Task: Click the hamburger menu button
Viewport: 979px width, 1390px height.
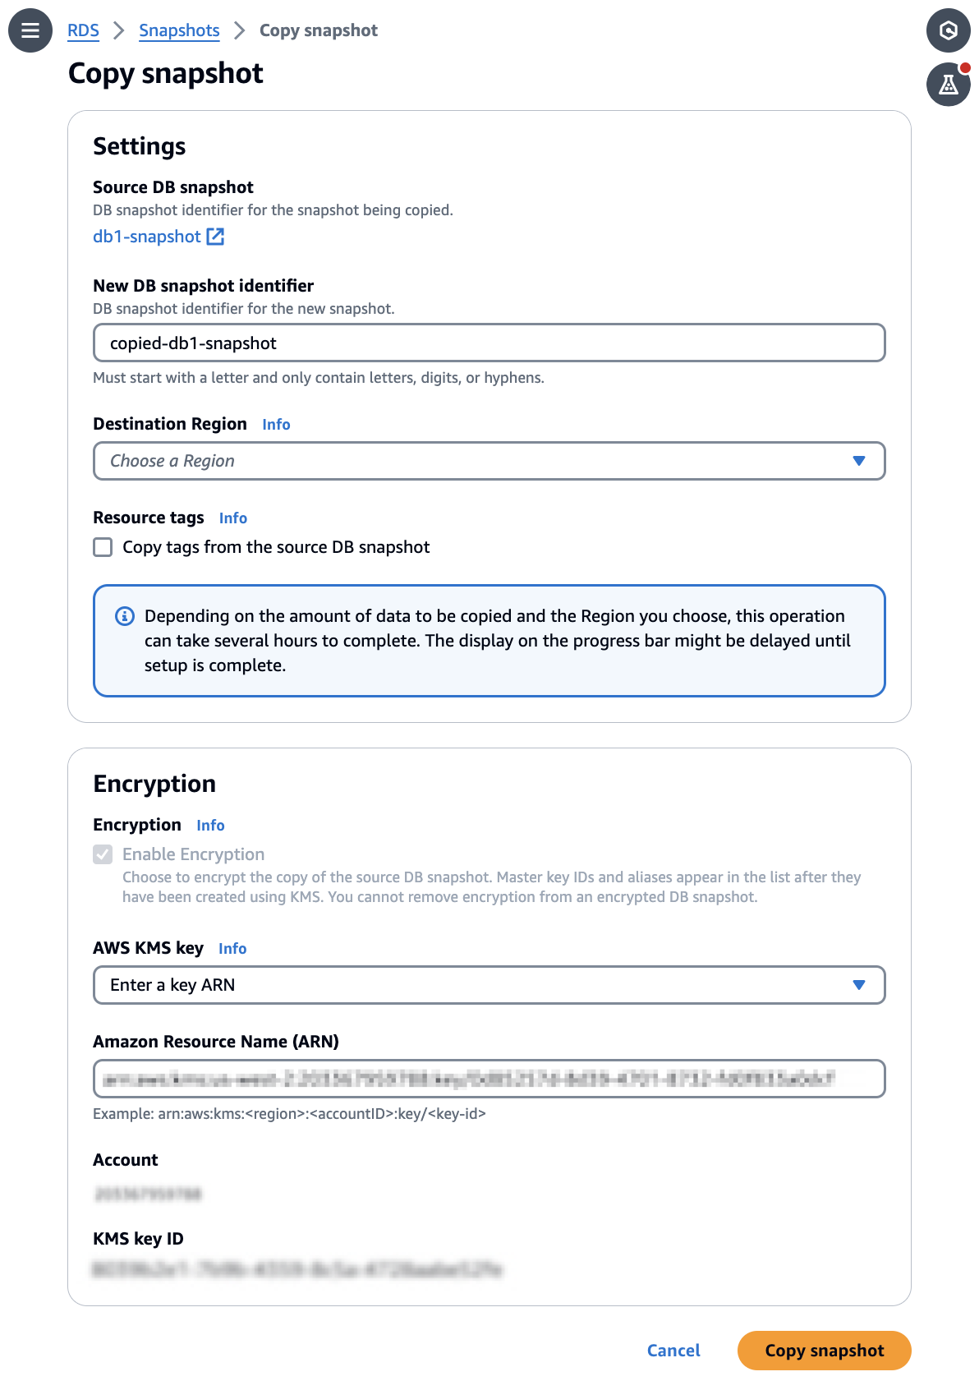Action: coord(30,30)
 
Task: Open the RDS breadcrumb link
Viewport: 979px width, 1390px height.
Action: coord(83,30)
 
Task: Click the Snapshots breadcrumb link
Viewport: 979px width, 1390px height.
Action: coord(179,30)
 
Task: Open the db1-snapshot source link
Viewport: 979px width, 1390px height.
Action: coord(146,237)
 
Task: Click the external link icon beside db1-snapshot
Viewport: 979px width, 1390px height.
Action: coord(215,237)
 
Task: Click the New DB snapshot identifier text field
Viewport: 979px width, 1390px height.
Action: coord(489,343)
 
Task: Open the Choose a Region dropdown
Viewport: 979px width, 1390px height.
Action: coord(489,461)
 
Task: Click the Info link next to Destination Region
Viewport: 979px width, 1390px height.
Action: coord(276,425)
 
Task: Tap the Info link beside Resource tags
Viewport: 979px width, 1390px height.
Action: coord(232,518)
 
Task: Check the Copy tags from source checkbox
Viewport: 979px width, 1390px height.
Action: coord(103,547)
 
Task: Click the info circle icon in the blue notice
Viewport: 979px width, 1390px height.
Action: coord(125,616)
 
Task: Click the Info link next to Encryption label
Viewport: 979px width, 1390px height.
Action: coord(210,826)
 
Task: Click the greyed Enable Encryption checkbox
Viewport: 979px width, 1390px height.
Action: coord(103,854)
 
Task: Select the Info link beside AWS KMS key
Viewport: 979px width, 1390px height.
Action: coord(232,949)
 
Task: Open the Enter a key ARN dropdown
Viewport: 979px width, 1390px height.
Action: coord(489,985)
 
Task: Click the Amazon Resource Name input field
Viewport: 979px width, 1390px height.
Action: coord(489,1079)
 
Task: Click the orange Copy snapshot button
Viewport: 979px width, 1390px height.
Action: coord(824,1351)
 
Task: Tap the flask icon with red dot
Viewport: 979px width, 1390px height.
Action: coord(949,85)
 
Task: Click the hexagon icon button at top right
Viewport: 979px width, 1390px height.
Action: coord(949,30)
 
